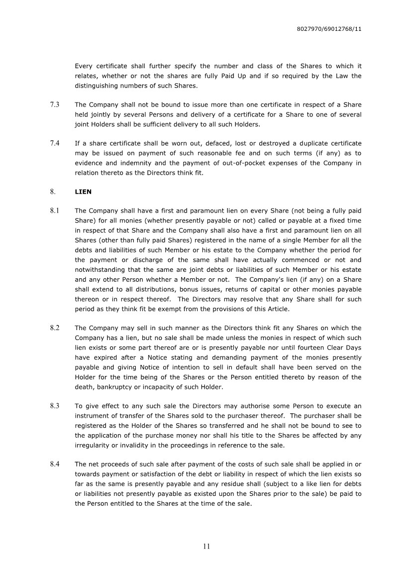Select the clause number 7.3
(x=55, y=105)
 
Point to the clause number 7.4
(x=55, y=143)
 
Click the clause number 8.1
(x=55, y=211)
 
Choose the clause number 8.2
(x=55, y=328)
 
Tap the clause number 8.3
(x=55, y=406)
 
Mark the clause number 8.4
(x=55, y=465)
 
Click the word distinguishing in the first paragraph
(x=94, y=86)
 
